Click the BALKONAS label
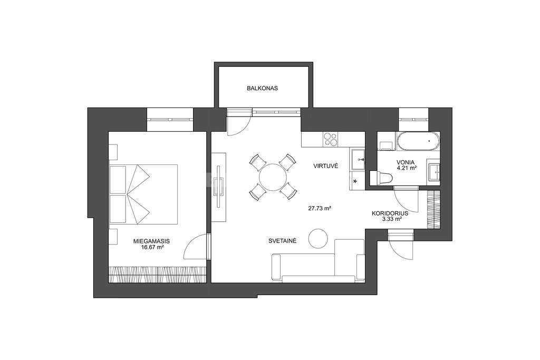(262, 89)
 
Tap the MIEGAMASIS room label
(151, 241)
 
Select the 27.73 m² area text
(320, 208)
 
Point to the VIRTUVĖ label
(325, 166)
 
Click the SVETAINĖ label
(283, 241)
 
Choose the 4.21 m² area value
(407, 168)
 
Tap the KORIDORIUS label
(388, 213)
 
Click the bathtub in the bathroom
(418, 141)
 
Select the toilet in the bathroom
(381, 178)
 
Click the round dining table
(273, 177)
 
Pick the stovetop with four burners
(331, 139)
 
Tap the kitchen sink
(358, 159)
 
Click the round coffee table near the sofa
(318, 239)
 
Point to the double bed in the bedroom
(143, 194)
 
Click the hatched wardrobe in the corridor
(433, 210)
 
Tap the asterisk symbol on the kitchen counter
(355, 181)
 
